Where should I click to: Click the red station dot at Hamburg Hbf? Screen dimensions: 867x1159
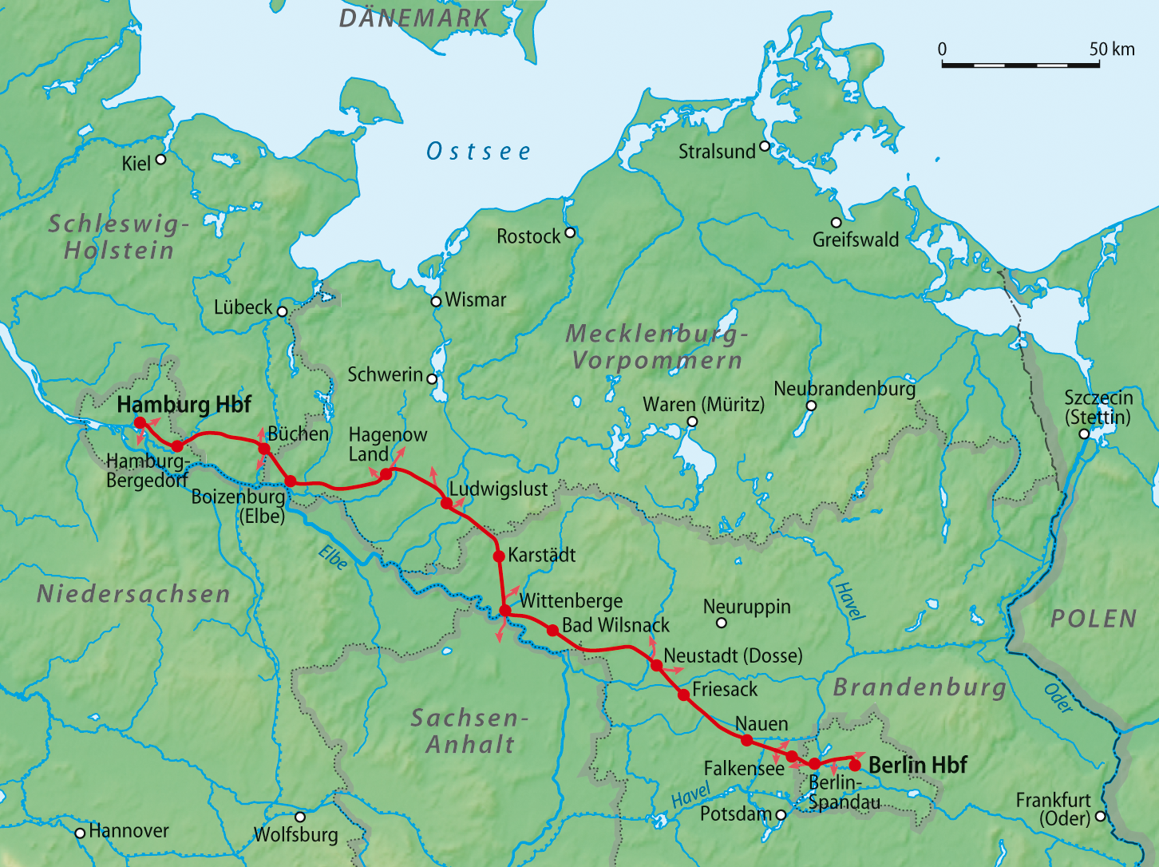tap(139, 422)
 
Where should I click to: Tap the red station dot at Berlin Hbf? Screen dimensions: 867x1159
tap(855, 765)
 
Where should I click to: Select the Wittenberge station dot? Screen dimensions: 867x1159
tap(505, 611)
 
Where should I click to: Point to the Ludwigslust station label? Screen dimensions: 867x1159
tap(498, 489)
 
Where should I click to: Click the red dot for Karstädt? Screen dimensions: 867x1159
tap(499, 556)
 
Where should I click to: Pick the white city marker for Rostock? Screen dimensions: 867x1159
tap(570, 233)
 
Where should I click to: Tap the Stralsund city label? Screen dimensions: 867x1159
tap(716, 151)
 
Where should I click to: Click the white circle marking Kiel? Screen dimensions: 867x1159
tap(160, 160)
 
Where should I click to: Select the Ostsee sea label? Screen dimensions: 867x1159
tap(478, 151)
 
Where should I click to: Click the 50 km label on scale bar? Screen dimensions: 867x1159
tap(1111, 49)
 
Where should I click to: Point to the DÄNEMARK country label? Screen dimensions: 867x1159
tap(414, 18)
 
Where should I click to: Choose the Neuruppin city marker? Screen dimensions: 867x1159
tap(722, 623)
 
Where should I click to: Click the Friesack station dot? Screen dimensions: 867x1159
tap(683, 695)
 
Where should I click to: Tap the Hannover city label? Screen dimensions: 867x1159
tap(129, 831)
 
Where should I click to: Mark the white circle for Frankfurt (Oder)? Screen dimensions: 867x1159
tap(1101, 816)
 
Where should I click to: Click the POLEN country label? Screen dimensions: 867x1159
tap(1094, 619)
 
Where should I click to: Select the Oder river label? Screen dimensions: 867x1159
tap(1058, 698)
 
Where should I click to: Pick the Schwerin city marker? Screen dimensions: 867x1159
tap(432, 379)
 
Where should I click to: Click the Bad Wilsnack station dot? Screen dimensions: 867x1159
tap(552, 630)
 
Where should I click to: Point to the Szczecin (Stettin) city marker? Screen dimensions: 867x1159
tap(1084, 434)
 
